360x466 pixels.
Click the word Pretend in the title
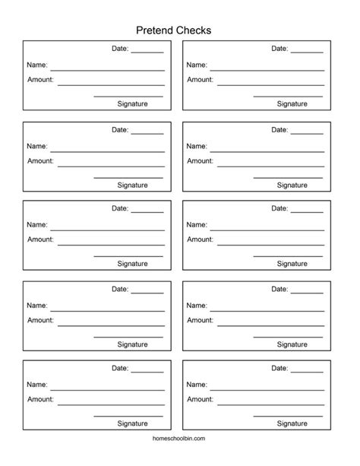click(155, 30)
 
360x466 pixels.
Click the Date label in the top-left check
click(120, 49)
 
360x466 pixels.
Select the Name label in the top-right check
click(197, 65)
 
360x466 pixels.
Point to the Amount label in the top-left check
click(40, 80)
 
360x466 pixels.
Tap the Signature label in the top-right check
click(292, 104)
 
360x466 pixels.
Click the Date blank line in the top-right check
click(307, 52)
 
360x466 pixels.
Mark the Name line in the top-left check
click(107, 70)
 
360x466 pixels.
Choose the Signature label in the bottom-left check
click(132, 423)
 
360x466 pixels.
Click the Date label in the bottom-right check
click(279, 369)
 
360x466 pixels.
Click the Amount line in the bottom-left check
click(111, 404)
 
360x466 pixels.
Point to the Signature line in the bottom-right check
click(288, 416)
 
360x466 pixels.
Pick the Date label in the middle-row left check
click(120, 208)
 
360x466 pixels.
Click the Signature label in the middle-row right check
click(292, 264)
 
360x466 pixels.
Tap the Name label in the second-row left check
click(37, 146)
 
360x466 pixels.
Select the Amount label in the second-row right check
click(200, 160)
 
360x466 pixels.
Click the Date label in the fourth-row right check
click(279, 289)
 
